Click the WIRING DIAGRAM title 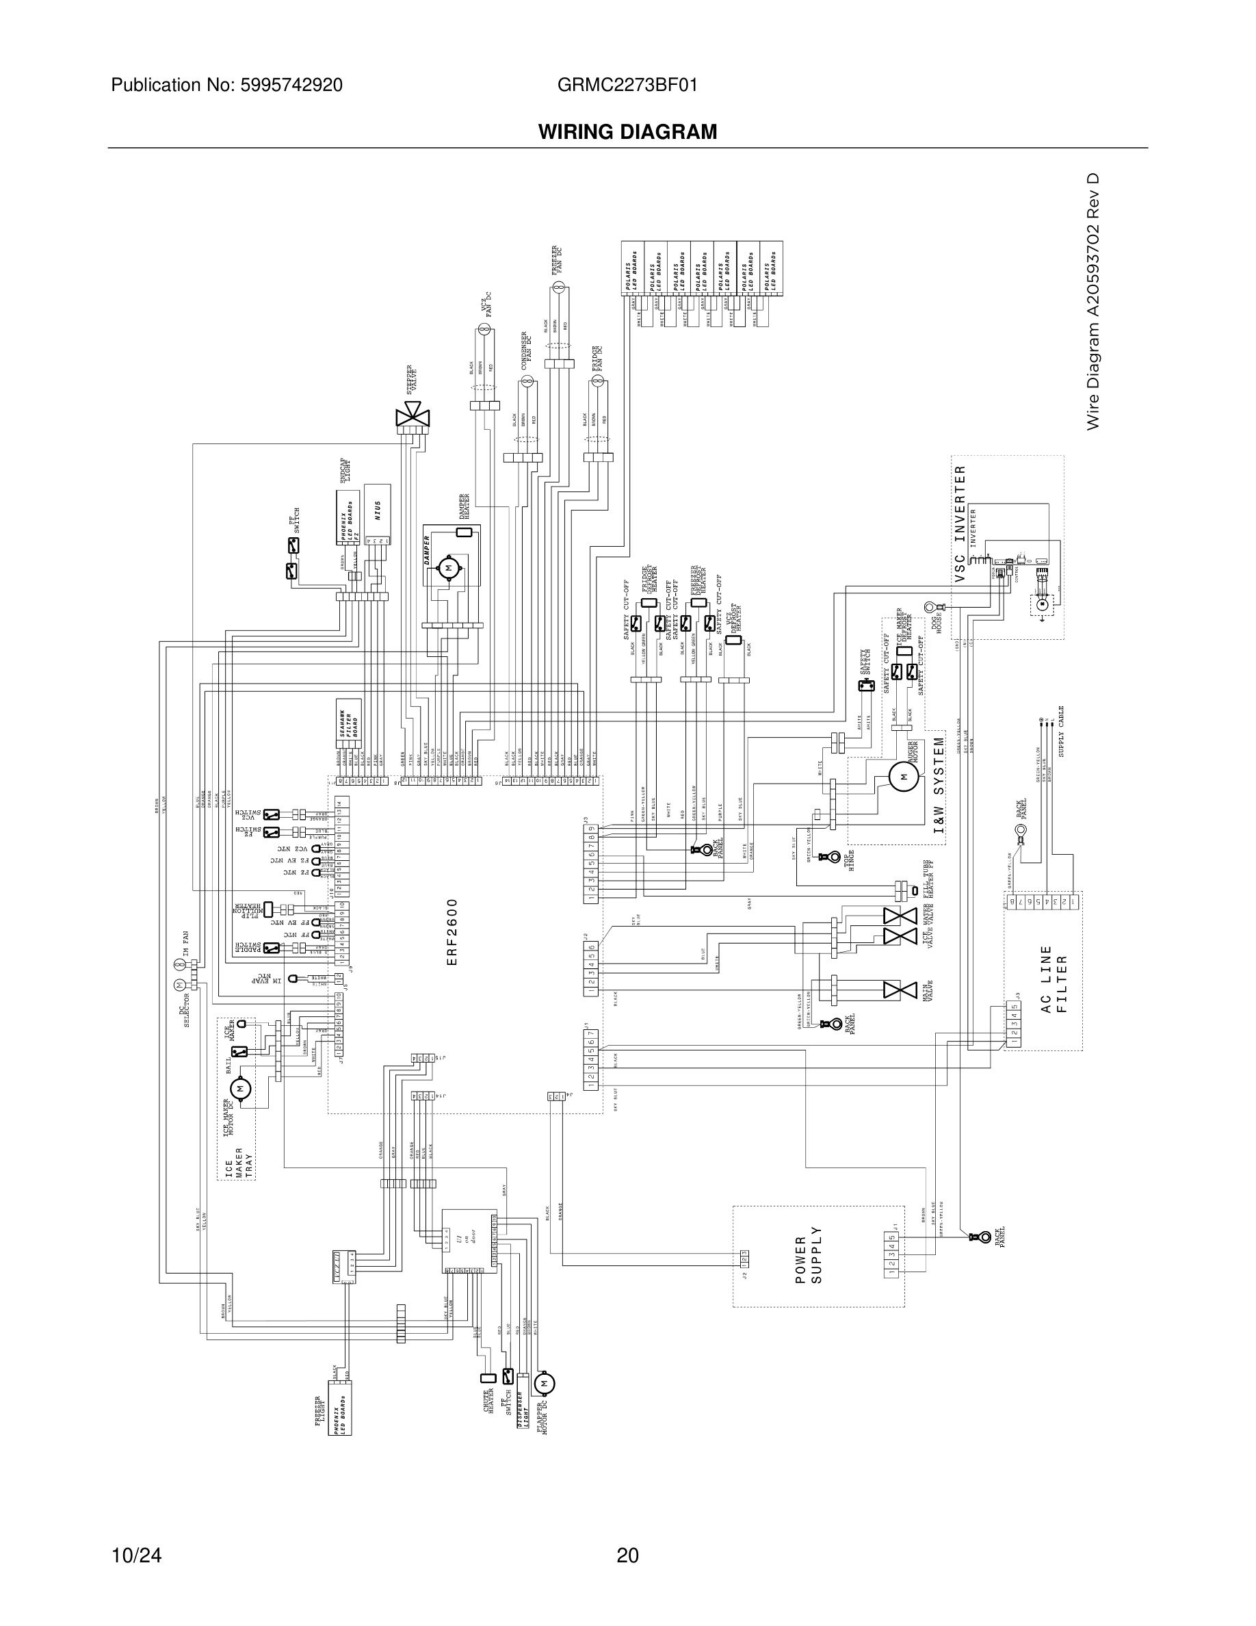click(x=627, y=132)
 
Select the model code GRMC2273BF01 click(x=627, y=86)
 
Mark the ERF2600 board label click(x=452, y=932)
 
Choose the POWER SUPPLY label click(x=809, y=1260)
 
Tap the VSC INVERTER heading click(x=960, y=524)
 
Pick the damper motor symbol click(x=448, y=569)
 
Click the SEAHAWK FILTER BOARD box click(x=348, y=723)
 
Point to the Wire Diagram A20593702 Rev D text click(x=1093, y=302)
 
